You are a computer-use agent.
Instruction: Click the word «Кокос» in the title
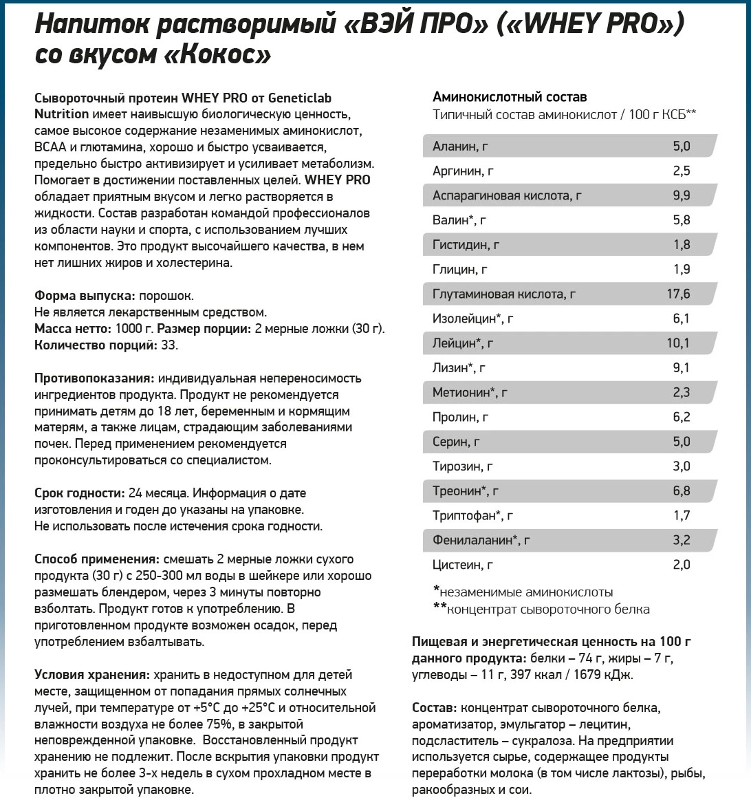point(218,55)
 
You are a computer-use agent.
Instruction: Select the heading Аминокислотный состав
point(510,97)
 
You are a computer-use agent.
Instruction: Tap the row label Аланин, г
point(460,147)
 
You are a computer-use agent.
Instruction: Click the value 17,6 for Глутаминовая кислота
point(678,294)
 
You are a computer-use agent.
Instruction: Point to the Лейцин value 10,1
point(678,343)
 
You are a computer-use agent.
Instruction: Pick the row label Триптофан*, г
point(472,516)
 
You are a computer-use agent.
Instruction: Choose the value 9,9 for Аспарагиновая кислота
point(681,196)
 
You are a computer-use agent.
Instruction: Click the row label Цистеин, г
point(463,565)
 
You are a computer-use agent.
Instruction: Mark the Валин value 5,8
point(681,221)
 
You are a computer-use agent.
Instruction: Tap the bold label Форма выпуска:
point(85,296)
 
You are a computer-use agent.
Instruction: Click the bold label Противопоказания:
point(94,378)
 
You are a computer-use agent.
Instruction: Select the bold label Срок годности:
point(79,493)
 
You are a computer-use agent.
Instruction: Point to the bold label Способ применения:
point(97,559)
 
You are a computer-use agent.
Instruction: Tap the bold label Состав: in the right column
point(434,708)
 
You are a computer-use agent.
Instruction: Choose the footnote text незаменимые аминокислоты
point(526,592)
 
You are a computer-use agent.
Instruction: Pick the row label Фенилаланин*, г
point(481,541)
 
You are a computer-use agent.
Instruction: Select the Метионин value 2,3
point(681,393)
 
